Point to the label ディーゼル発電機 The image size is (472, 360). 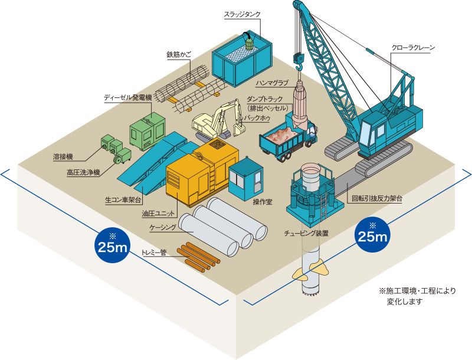coord(127,97)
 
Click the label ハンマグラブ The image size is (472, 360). coord(273,83)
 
